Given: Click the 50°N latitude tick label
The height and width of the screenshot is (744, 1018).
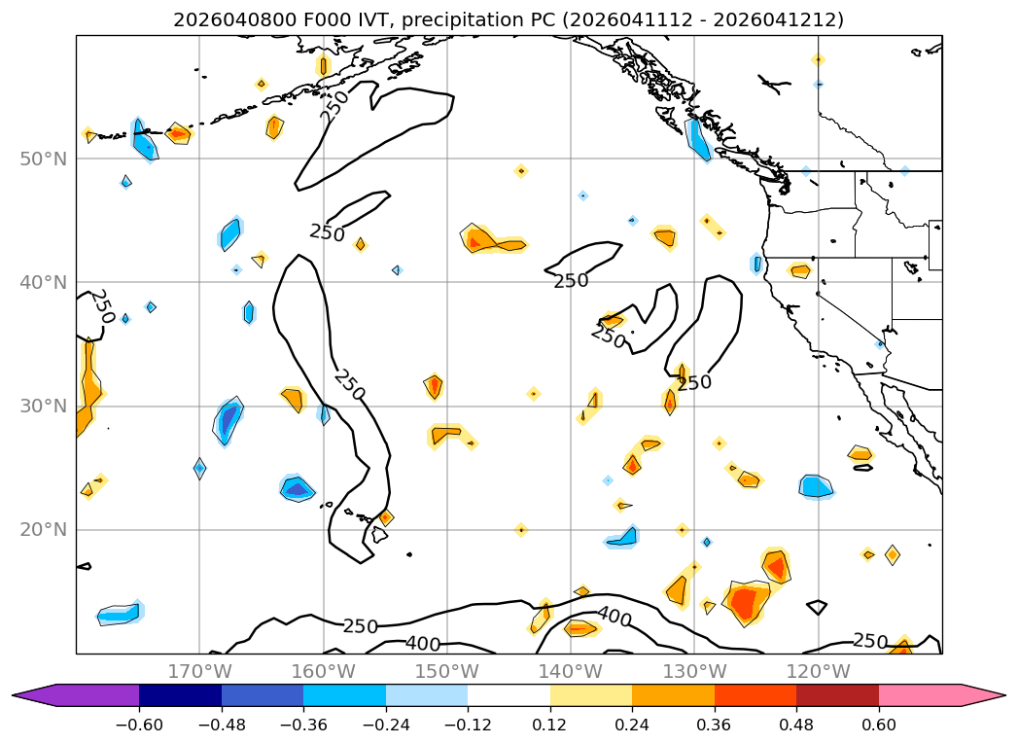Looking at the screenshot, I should pos(44,159).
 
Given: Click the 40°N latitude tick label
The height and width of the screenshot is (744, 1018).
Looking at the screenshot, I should pos(44,282).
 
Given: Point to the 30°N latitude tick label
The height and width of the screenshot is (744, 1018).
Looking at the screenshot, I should pos(44,406).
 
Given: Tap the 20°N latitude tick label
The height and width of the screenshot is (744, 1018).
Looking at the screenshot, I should pos(44,530).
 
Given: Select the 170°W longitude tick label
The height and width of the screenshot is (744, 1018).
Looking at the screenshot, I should pos(199,671).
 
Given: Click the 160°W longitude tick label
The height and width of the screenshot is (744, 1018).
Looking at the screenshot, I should pos(323,671).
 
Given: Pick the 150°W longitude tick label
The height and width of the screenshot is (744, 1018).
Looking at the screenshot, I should pos(447,671).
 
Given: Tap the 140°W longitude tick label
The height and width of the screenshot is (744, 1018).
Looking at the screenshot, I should pos(571,671).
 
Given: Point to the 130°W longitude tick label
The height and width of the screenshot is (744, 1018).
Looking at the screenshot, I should pos(694,671).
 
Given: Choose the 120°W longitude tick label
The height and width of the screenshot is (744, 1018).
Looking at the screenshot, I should pos(818,671).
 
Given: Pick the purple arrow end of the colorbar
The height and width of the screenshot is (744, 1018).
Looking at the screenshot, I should pos(34,694).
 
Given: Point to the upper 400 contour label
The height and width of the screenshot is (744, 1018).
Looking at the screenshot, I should pos(614,617).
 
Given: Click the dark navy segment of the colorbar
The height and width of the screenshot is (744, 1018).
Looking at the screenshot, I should pos(180,694).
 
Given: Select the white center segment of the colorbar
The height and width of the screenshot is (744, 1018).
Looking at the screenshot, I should pos(509,694).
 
